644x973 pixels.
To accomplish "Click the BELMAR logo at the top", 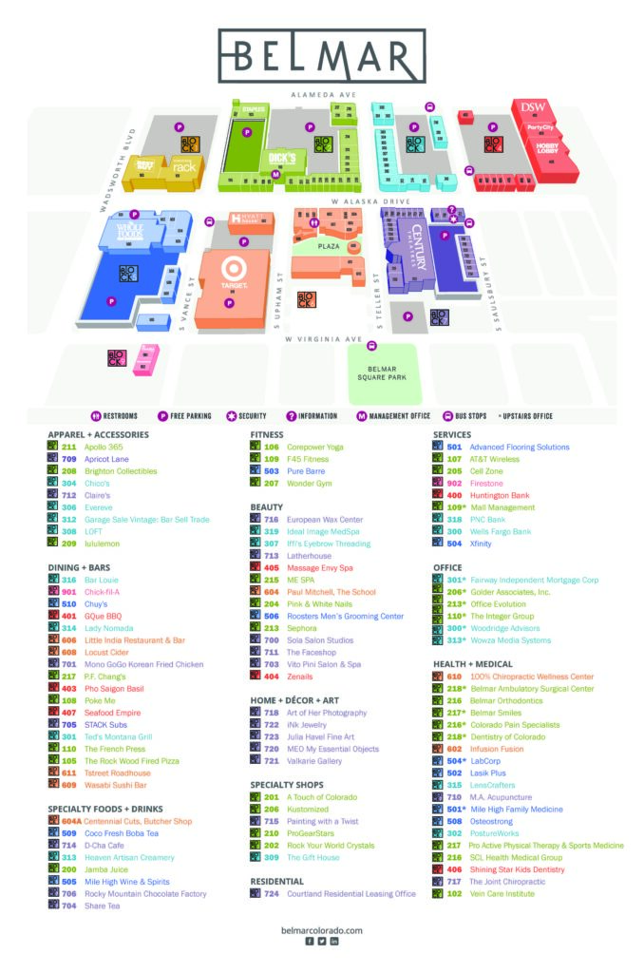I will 322,56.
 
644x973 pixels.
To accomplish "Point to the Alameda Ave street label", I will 323,96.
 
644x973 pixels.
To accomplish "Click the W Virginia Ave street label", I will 324,338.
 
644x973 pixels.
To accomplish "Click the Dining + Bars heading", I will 78,567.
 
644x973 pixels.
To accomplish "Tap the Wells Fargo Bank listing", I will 501,531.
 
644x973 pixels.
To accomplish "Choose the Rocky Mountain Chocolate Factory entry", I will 145,893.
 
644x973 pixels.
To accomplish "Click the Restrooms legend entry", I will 114,415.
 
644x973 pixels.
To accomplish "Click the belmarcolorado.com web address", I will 322,930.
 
